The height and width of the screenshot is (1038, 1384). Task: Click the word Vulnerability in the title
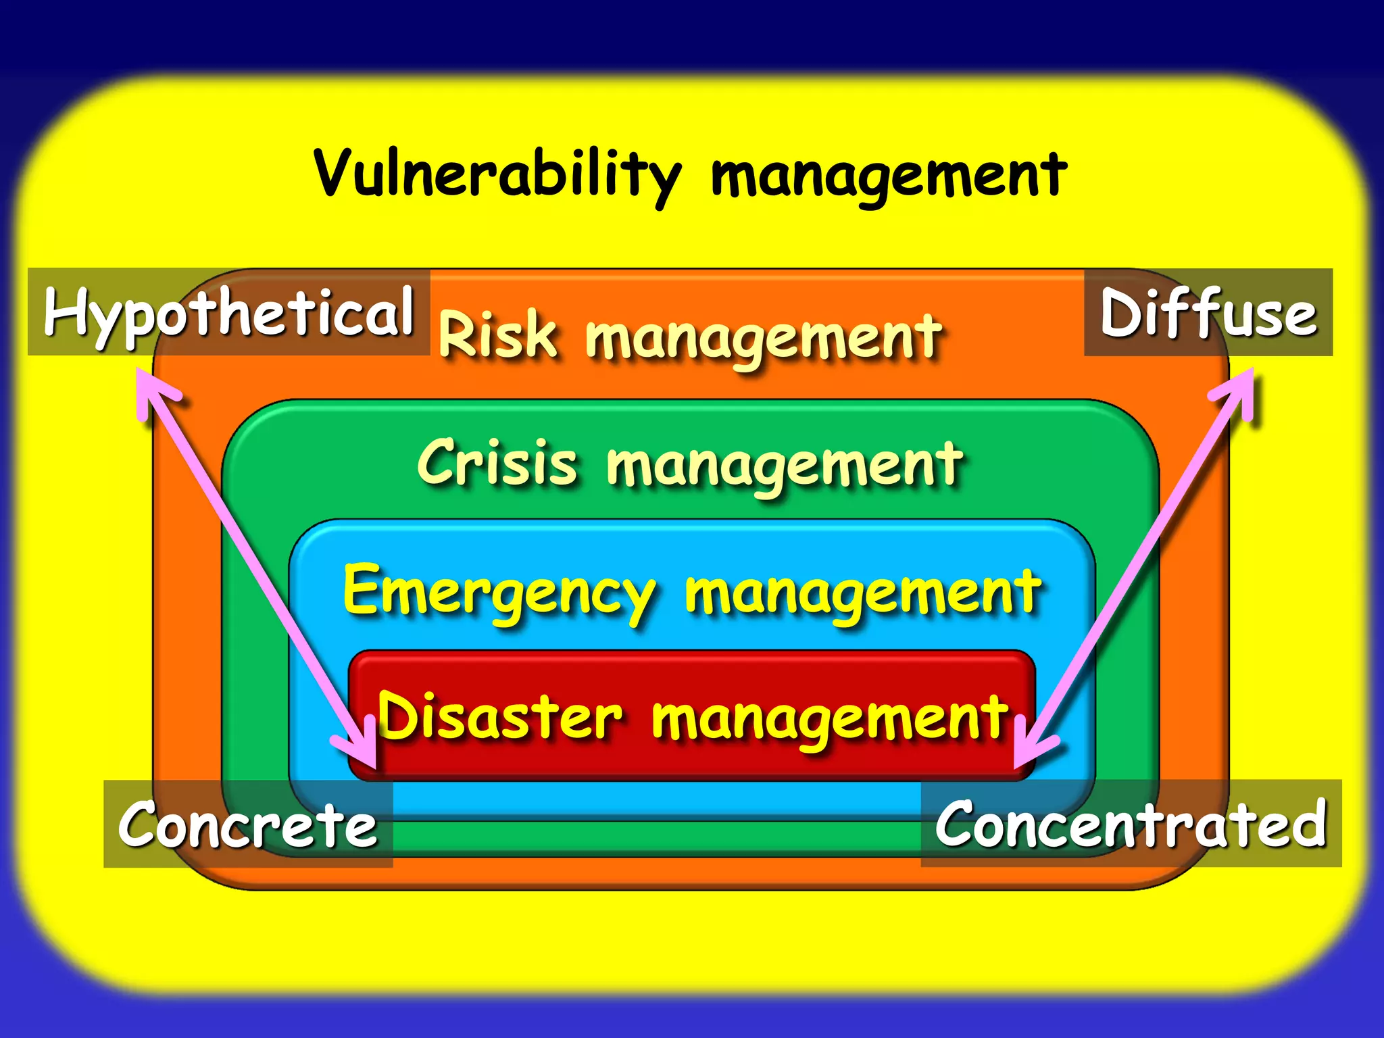pos(497,174)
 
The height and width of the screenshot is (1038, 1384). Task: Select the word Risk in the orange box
pos(498,334)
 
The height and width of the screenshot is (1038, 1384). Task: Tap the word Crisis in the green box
pos(498,463)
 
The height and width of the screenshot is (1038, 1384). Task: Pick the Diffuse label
pos(1208,313)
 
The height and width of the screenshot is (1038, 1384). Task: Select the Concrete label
pos(248,824)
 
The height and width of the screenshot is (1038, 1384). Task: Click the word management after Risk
pos(764,338)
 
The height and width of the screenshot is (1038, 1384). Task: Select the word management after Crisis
pos(785,466)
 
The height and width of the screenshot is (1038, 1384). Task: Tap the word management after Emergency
pos(863,593)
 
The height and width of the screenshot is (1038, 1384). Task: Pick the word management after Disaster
pos(830,718)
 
